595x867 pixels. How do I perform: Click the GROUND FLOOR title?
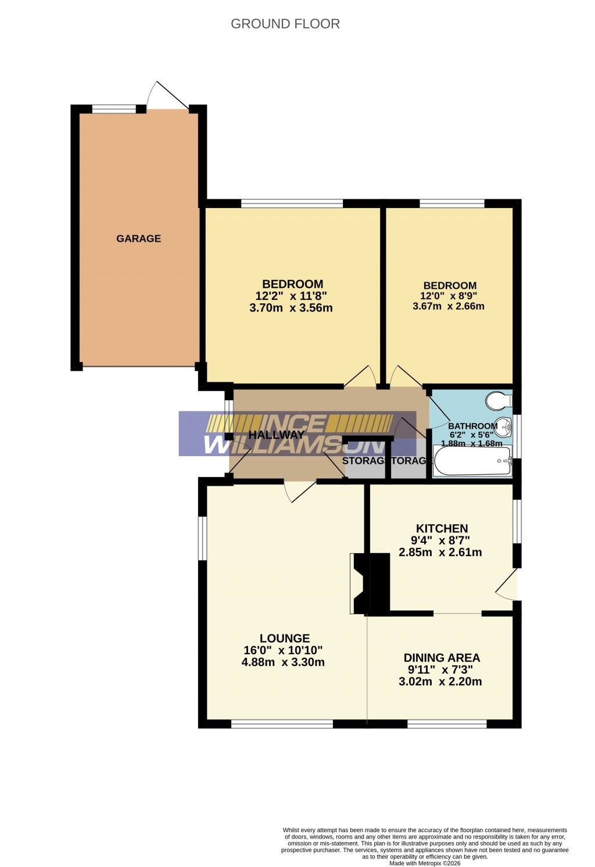pos(285,24)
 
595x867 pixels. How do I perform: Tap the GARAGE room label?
pos(138,238)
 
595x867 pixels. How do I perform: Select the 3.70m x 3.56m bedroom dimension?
pos(291,308)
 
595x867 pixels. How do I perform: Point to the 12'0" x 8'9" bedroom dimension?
pos(450,296)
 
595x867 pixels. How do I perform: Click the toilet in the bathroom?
pos(498,400)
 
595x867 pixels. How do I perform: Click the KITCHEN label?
pos(442,528)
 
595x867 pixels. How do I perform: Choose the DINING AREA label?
pos(442,658)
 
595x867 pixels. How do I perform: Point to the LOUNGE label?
pos(285,638)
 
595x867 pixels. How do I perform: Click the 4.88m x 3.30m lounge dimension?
pos(283,662)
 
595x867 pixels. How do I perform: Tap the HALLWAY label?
pos(276,435)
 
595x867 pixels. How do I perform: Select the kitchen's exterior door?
pos(508,585)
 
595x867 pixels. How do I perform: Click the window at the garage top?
pos(114,108)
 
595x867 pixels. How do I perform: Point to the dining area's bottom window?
pos(447,723)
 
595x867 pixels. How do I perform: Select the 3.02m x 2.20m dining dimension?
pos(440,682)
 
